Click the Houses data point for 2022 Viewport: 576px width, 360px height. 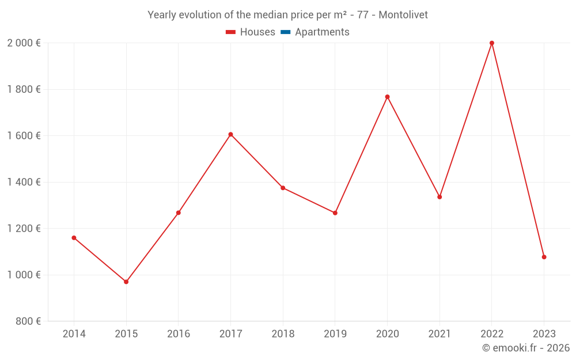pyautogui.click(x=492, y=43)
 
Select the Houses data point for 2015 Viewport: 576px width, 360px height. pyautogui.click(x=126, y=282)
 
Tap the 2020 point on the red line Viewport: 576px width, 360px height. pyautogui.click(x=387, y=97)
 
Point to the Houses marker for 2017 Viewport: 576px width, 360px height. pyautogui.click(x=230, y=134)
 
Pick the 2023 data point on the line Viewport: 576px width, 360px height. pyautogui.click(x=544, y=257)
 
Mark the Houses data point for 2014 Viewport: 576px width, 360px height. pyautogui.click(x=74, y=238)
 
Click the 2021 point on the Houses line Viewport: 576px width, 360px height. pyautogui.click(x=439, y=197)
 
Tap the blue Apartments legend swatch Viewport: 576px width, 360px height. pyautogui.click(x=285, y=32)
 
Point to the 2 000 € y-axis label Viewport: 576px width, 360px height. pyautogui.click(x=24, y=43)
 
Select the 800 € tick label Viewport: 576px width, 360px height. pyautogui.click(x=29, y=321)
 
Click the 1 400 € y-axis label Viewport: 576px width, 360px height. pyautogui.click(x=24, y=182)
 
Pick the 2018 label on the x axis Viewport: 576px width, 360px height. pyautogui.click(x=283, y=334)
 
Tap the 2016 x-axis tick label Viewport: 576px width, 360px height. pyautogui.click(x=179, y=334)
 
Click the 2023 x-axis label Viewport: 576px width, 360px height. pyautogui.click(x=544, y=334)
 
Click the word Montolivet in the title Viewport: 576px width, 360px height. pyautogui.click(x=403, y=15)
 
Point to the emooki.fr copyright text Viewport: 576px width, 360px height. pyautogui.click(x=526, y=348)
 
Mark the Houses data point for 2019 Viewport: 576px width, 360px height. pyautogui.click(x=335, y=213)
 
